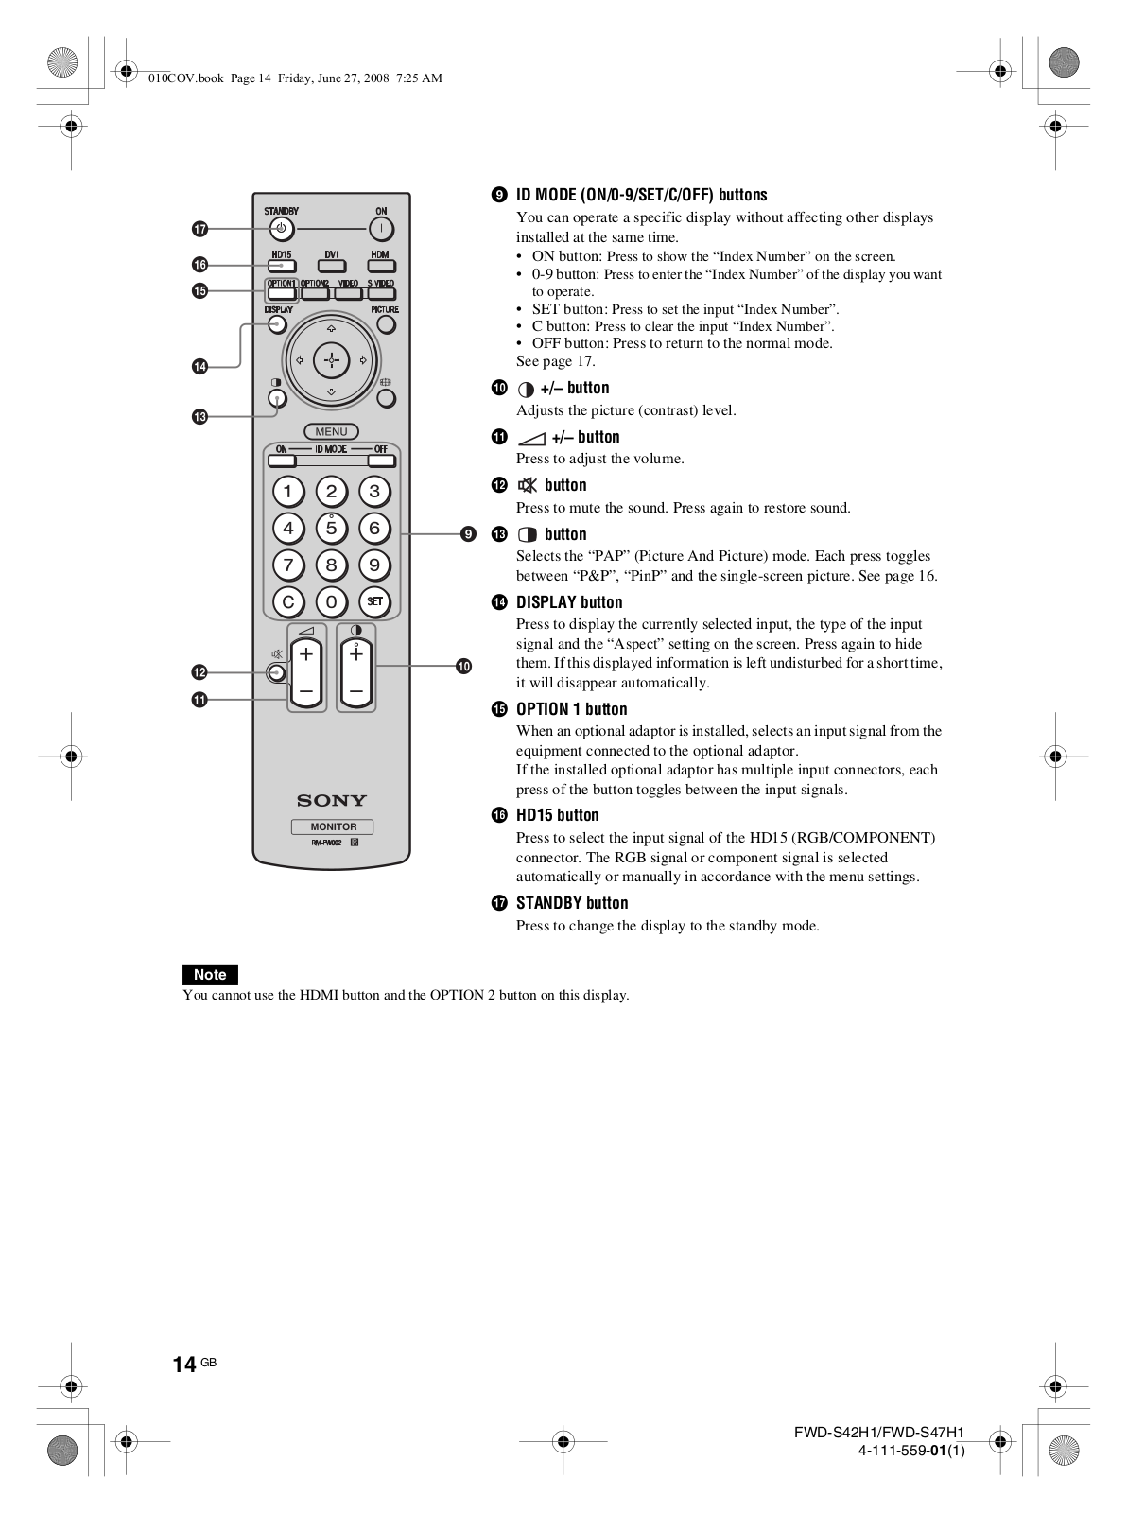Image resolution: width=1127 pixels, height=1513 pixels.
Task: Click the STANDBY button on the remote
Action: click(282, 229)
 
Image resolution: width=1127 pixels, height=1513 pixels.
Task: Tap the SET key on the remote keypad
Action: click(374, 601)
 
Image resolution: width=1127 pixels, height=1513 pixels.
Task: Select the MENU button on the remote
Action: click(331, 431)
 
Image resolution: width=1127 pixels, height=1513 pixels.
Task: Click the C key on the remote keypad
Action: click(287, 601)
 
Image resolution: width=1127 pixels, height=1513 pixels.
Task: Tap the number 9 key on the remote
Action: click(374, 565)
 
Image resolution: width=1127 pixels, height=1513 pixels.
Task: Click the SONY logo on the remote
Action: click(331, 800)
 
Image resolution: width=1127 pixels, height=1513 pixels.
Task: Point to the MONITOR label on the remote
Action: click(333, 826)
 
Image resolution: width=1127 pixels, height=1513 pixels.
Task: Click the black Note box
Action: click(210, 974)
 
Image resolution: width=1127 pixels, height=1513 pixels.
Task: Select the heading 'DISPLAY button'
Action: click(569, 602)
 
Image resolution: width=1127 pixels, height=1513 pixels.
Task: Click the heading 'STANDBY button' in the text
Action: click(572, 903)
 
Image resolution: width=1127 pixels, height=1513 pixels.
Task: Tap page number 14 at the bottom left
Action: click(184, 1364)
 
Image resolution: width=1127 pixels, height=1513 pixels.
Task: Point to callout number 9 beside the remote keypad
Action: click(467, 534)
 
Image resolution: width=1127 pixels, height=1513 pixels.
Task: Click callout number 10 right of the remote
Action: click(463, 667)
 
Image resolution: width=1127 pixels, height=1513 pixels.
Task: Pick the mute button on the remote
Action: click(275, 672)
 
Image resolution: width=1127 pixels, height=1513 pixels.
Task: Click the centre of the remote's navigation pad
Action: click(331, 360)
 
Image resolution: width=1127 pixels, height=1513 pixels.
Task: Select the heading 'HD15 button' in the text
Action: click(557, 815)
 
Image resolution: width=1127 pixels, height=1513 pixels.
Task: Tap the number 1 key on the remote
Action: click(287, 491)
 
